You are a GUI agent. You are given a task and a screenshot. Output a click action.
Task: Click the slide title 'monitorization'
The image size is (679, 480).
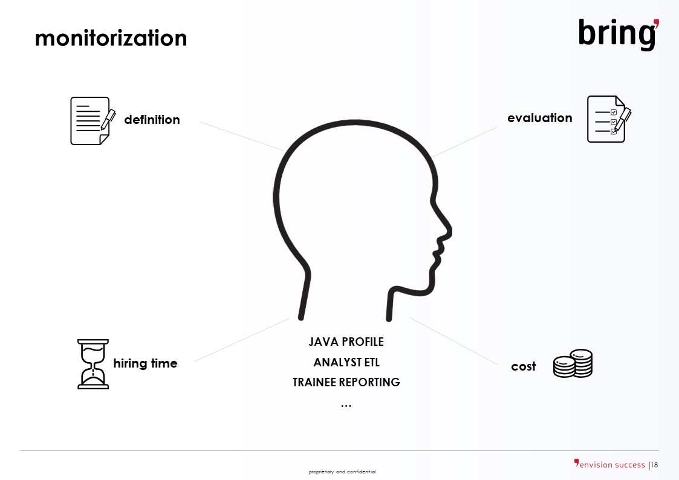[x=111, y=38]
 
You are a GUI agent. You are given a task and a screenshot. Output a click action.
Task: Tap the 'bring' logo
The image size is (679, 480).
[x=619, y=34]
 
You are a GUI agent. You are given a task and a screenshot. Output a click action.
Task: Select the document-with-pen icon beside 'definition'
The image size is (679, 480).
[x=93, y=121]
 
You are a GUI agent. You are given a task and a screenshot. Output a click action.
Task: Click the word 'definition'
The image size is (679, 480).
[x=152, y=120]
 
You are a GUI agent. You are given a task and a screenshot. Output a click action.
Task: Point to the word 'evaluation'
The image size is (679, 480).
[x=539, y=118]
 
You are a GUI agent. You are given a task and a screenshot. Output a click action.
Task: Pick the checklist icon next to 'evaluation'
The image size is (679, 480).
[x=609, y=119]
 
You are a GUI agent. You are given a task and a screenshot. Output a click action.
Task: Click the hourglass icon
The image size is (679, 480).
[x=93, y=364]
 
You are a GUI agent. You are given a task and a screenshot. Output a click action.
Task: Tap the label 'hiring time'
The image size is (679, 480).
[x=146, y=363]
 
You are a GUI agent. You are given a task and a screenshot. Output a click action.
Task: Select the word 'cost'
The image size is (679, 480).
[x=523, y=366]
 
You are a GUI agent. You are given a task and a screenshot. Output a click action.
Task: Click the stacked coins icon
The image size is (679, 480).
[x=573, y=363]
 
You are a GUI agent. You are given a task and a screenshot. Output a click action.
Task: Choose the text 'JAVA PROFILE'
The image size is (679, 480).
[x=346, y=342]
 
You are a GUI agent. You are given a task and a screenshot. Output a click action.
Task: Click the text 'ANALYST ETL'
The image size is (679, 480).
[x=346, y=362]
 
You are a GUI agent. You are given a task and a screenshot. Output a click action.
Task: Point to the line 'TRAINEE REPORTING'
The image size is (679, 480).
[x=346, y=382]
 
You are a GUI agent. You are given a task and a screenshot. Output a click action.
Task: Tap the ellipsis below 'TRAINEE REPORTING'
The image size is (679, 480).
[x=346, y=406]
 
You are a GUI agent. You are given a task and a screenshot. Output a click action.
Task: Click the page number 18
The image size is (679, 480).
[x=654, y=465]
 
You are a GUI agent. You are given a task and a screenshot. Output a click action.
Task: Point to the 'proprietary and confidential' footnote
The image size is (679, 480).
[x=343, y=472]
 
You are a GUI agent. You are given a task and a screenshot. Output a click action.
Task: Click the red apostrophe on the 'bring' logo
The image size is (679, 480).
[x=656, y=24]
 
